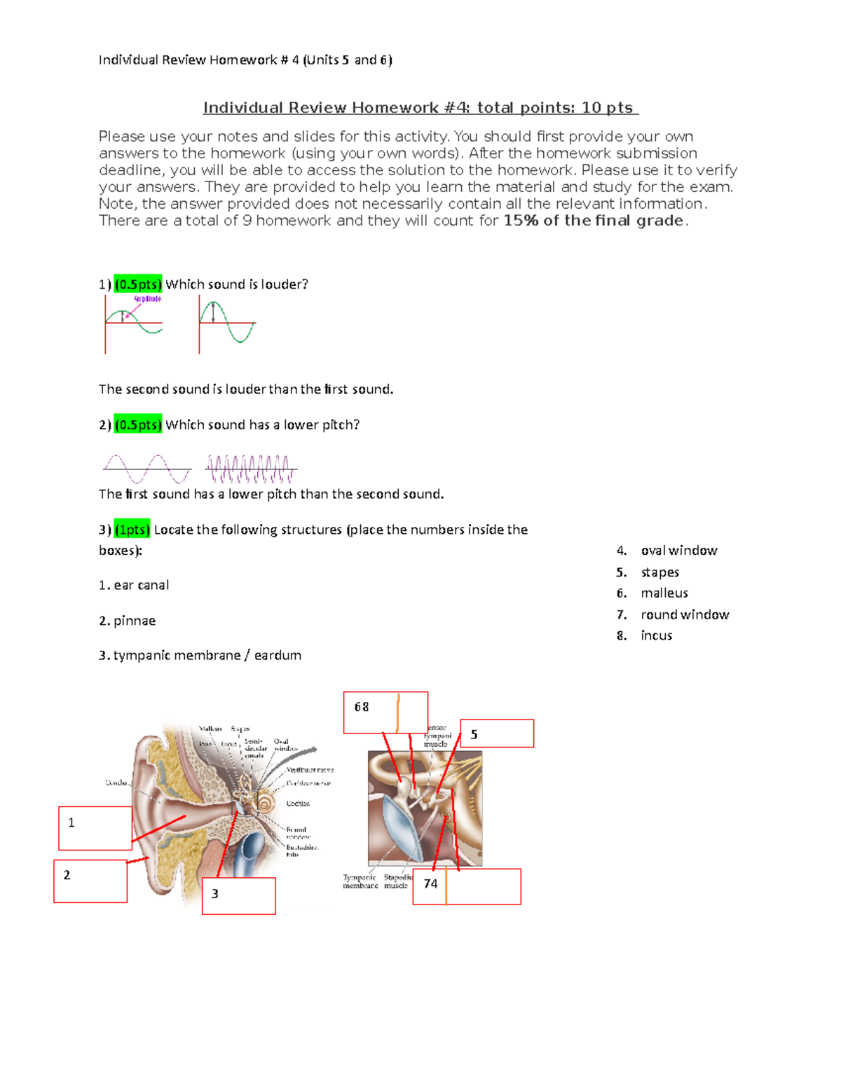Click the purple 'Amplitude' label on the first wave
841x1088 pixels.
coord(147,299)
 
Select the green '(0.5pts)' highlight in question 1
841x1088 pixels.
coord(138,284)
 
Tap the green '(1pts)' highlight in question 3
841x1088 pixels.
coord(132,530)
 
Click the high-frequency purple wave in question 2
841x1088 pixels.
coord(250,469)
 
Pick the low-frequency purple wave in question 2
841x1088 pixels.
coord(146,469)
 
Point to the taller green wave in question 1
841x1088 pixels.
coord(227,323)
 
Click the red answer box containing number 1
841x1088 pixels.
coord(95,828)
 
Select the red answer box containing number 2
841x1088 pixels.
coord(90,881)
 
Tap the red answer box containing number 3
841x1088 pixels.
coord(238,896)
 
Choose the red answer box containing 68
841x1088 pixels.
coord(385,712)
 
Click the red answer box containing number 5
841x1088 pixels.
coord(497,734)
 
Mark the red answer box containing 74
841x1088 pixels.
coord(467,887)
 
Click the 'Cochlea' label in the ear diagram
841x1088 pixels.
coord(298,804)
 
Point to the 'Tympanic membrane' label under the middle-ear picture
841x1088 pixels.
coord(360,881)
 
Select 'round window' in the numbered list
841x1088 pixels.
coord(684,614)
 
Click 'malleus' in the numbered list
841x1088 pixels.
coord(664,593)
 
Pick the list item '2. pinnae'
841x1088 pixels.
coord(128,621)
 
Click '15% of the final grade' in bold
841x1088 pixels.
coord(593,221)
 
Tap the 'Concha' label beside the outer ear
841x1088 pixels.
coord(116,783)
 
